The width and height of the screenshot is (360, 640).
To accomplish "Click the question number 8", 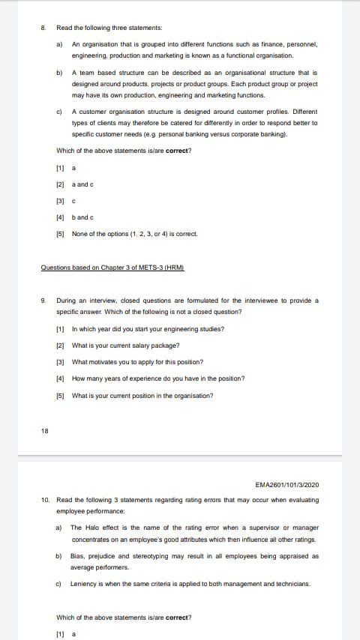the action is coord(43,27).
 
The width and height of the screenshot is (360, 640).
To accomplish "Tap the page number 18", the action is coord(44,429).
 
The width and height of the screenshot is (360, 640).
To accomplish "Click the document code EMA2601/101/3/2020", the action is coord(286,485).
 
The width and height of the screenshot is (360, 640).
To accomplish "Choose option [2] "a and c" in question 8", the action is coord(82,184).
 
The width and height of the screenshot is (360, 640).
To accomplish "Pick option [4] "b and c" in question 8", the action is coord(82,217).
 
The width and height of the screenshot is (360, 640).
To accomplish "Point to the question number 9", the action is coord(43,301).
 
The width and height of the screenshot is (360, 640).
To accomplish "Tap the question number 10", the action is coord(45,500).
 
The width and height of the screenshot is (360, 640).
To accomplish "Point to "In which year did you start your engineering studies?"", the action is coord(148,329).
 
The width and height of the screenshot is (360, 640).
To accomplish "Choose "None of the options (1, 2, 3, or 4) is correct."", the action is coord(134,234).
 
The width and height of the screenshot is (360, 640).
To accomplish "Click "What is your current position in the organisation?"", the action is coord(142,395).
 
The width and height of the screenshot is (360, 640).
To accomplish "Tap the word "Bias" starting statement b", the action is coord(77,557).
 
